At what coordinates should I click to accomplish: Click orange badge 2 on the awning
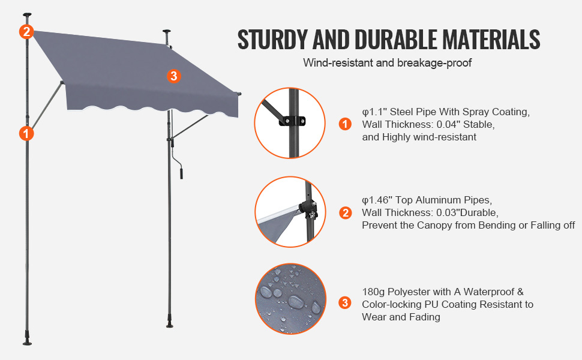click(x=26, y=32)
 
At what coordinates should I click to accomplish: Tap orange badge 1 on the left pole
click(x=26, y=133)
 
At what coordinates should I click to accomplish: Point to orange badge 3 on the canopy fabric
click(x=174, y=76)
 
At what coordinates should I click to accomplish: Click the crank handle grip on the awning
click(x=181, y=173)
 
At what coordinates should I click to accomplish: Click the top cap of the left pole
click(x=27, y=15)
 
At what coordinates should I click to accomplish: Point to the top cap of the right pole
click(x=167, y=32)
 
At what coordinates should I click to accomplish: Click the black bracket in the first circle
click(x=292, y=121)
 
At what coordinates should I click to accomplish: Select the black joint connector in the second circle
click(x=308, y=209)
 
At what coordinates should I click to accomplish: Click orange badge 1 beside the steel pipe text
click(x=345, y=124)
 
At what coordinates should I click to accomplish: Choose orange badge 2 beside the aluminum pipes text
click(x=345, y=212)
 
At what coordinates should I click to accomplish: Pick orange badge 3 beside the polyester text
click(x=345, y=303)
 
